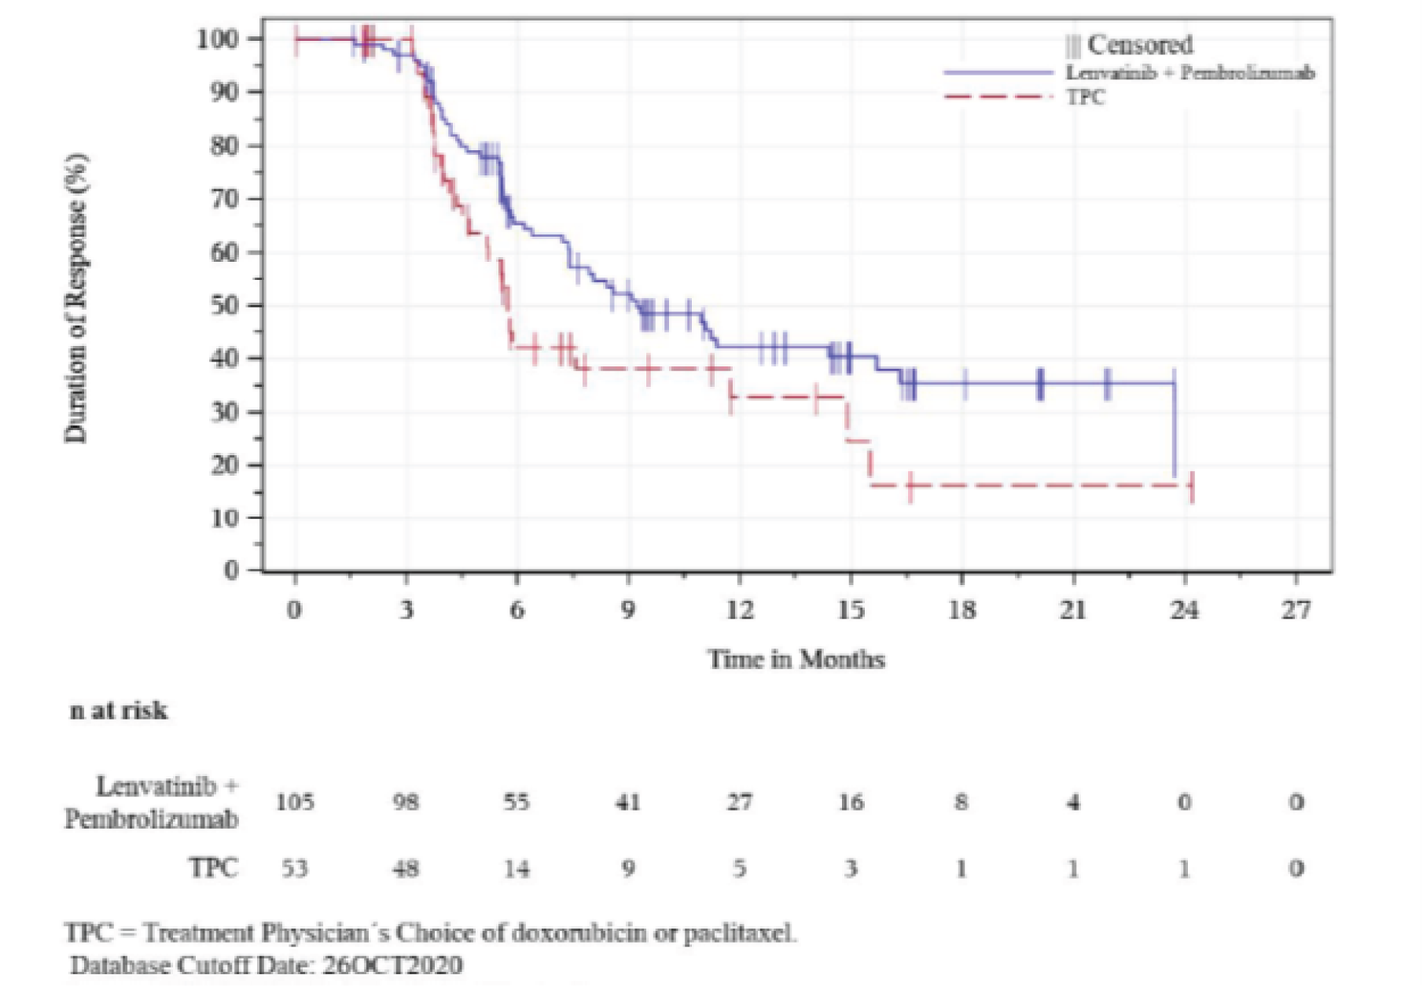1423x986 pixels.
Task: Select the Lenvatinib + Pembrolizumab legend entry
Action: pyautogui.click(x=1189, y=73)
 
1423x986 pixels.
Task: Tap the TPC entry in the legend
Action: pyautogui.click(x=1085, y=97)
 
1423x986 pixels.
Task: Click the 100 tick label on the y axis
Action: pyautogui.click(x=218, y=39)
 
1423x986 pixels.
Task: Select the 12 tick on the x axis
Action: pyautogui.click(x=739, y=609)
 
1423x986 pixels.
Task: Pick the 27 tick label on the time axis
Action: pyautogui.click(x=1296, y=609)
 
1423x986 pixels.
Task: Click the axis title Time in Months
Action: pyautogui.click(x=796, y=659)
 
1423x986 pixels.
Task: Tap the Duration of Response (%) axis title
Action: pyautogui.click(x=76, y=299)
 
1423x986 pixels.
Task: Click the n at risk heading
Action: pyautogui.click(x=119, y=711)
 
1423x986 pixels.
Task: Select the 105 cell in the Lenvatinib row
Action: pyautogui.click(x=295, y=802)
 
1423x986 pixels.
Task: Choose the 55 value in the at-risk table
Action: pyautogui.click(x=517, y=802)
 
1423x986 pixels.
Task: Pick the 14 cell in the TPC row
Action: pyautogui.click(x=517, y=869)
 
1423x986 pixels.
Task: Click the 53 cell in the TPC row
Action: pyautogui.click(x=295, y=869)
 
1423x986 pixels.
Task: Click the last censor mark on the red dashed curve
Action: pyautogui.click(x=1192, y=487)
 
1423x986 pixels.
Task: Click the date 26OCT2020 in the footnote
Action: pyautogui.click(x=392, y=965)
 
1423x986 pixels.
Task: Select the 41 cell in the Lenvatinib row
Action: pyautogui.click(x=627, y=802)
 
